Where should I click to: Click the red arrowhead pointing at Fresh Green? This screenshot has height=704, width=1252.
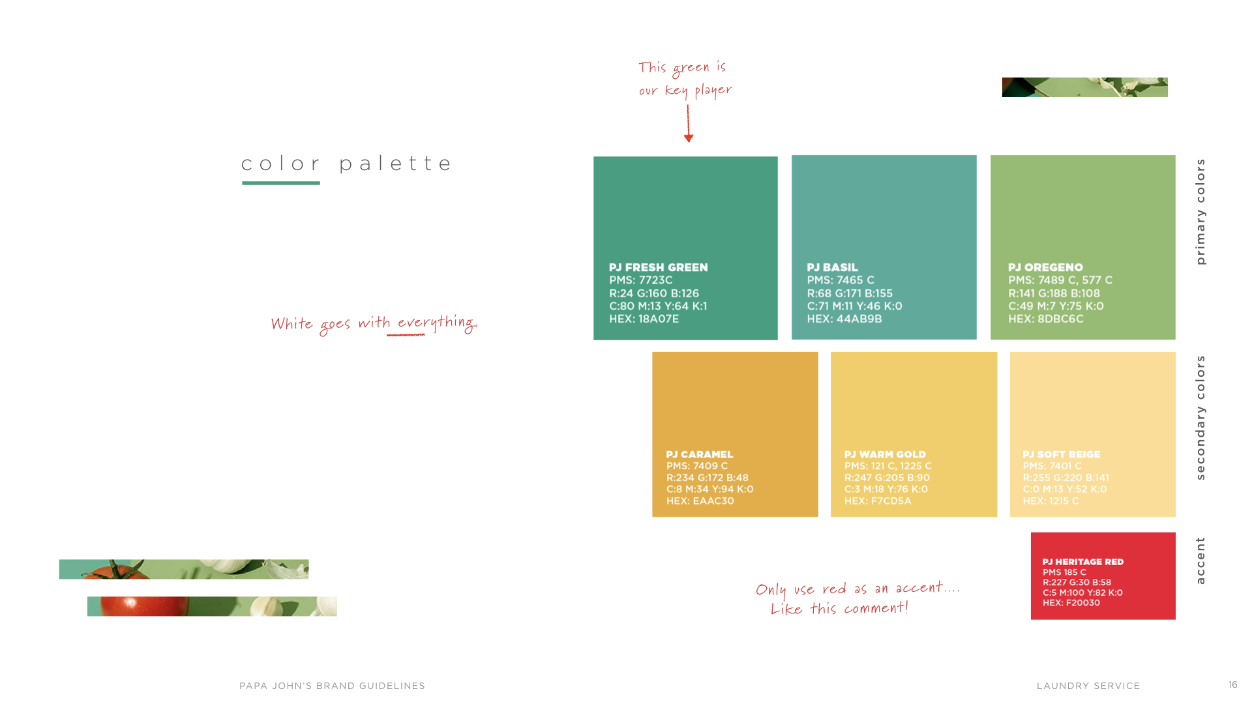click(689, 138)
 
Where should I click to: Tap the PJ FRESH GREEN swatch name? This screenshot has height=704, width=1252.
click(658, 267)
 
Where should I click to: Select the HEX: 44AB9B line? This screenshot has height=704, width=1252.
click(844, 319)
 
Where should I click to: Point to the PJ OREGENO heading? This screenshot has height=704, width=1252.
click(1045, 267)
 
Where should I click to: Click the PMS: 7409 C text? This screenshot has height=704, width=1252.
click(696, 466)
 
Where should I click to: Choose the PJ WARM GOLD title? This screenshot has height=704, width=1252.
click(884, 454)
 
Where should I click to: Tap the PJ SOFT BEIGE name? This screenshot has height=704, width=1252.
click(1061, 454)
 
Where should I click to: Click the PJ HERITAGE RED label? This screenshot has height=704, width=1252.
click(1082, 562)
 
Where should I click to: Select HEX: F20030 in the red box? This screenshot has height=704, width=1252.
click(1071, 603)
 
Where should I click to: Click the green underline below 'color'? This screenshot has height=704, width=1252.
click(280, 183)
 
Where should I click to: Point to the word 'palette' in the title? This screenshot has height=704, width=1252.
click(395, 164)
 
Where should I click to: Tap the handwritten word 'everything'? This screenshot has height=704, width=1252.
click(437, 323)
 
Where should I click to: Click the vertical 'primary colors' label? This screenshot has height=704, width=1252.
click(1200, 211)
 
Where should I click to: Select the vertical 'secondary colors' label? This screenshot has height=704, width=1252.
click(1200, 417)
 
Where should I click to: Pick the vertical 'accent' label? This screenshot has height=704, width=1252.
click(1200, 561)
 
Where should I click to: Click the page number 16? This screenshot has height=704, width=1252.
click(1232, 684)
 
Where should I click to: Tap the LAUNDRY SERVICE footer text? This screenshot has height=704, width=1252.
click(1088, 686)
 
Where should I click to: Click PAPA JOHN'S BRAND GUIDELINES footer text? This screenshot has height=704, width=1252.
click(332, 686)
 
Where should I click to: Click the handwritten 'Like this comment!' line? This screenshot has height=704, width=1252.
click(839, 609)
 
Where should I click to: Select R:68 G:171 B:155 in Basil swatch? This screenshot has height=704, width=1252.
click(849, 293)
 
